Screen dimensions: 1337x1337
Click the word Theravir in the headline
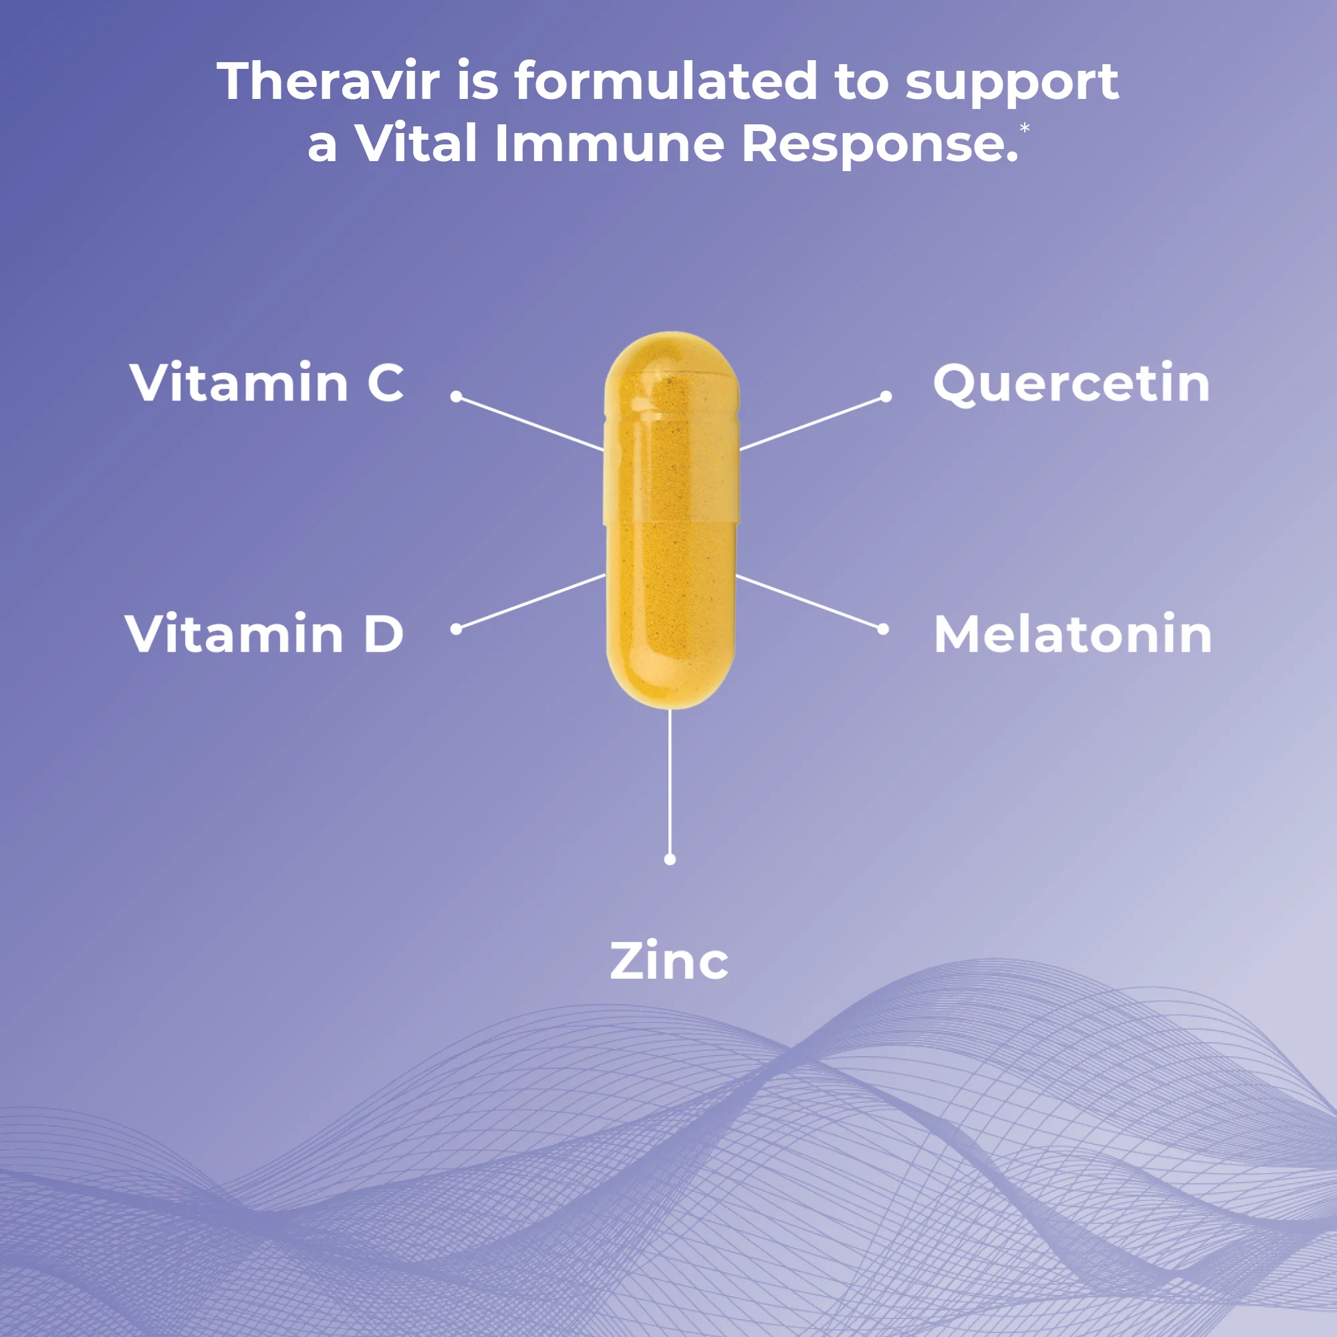[x=328, y=82]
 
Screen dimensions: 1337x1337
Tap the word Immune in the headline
[x=610, y=144]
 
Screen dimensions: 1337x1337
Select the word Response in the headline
[x=879, y=144]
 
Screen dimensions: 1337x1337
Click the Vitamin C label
[x=267, y=382]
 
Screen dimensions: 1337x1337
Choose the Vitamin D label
[x=264, y=633]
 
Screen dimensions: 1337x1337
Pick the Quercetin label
[x=1071, y=382]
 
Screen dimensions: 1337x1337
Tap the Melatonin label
[x=1073, y=634]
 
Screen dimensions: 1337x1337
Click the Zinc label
[x=669, y=961]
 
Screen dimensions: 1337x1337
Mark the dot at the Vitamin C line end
[x=456, y=396]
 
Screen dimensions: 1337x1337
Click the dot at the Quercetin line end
[x=886, y=396]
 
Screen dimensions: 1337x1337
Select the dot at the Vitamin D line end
[x=456, y=628]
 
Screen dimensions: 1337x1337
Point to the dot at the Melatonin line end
[x=883, y=629]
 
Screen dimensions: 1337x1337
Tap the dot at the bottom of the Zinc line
[x=670, y=860]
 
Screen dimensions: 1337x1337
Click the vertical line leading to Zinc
[x=670, y=782]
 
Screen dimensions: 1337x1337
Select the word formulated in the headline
[x=666, y=82]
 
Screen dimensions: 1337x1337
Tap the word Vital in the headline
[x=416, y=144]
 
